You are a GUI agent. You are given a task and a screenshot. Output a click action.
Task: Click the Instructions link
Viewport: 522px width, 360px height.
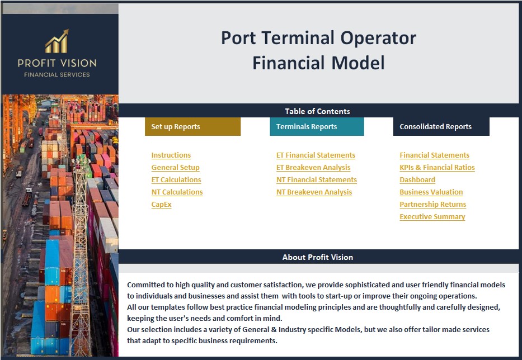coord(171,155)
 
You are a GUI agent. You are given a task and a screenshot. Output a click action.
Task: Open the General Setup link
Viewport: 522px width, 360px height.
coord(175,168)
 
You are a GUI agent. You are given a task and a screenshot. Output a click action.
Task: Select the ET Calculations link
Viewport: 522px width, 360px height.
coord(176,180)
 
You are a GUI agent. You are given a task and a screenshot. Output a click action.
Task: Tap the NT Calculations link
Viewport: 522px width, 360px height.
coord(177,192)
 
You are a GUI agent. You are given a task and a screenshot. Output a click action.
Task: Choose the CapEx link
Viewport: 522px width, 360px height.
coord(161,205)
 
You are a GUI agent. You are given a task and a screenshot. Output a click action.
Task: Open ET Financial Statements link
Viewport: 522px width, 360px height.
coord(316,155)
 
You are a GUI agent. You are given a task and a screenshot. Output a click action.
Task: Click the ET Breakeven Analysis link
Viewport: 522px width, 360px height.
coord(313,168)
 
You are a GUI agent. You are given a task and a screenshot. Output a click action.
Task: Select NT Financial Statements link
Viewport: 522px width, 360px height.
coord(316,180)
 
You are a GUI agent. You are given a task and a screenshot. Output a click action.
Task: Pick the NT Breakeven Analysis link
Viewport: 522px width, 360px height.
coord(314,192)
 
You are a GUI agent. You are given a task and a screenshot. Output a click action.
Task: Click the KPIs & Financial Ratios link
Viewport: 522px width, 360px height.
coord(437,168)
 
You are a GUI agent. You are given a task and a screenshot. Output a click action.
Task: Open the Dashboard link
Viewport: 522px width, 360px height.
coord(417,180)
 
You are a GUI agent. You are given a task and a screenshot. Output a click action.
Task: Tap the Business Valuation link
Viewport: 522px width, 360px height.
coord(431,192)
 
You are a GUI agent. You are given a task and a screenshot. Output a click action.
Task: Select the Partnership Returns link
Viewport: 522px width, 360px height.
coord(432,205)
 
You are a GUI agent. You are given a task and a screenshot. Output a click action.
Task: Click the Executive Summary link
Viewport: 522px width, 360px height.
coord(432,217)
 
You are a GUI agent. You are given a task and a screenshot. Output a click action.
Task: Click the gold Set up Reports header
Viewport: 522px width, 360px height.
coord(192,127)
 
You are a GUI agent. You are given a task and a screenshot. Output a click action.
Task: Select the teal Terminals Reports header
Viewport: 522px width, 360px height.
coord(317,127)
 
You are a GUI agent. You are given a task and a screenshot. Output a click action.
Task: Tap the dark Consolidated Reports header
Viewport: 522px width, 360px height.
coord(441,127)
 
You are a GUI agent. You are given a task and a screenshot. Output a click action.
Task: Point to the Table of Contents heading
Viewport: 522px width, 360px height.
coord(317,111)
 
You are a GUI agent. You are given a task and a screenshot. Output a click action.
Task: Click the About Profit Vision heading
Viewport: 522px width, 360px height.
coord(317,257)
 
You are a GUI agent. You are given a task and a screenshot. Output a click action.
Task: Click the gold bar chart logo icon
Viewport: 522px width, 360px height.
coord(57,42)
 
